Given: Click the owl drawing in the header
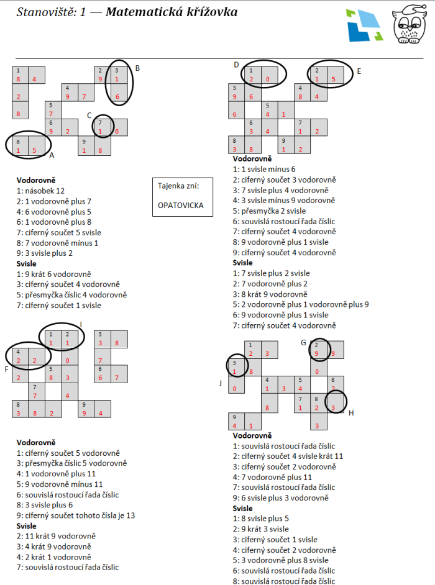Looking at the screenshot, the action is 410,25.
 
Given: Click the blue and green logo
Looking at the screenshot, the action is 364,25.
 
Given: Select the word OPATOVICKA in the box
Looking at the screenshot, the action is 181,205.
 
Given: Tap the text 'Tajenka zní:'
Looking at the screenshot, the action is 178,186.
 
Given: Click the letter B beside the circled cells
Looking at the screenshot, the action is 137,68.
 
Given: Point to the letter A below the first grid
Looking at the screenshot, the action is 52,155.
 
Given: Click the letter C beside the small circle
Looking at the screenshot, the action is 89,116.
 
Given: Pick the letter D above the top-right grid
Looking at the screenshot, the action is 236,65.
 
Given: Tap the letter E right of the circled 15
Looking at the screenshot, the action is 359,71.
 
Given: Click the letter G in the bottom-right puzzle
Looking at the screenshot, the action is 303,343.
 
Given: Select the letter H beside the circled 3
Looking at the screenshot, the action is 351,413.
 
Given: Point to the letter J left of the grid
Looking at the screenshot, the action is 221,383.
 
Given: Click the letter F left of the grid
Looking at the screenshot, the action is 6,370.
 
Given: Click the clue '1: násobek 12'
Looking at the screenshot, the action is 40,191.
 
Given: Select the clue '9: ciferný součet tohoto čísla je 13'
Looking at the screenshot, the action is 76,515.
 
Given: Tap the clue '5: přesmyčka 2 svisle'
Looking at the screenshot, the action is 269,211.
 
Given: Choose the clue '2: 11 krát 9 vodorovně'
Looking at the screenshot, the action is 56,536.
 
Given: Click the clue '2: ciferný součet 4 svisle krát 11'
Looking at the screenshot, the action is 288,456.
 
